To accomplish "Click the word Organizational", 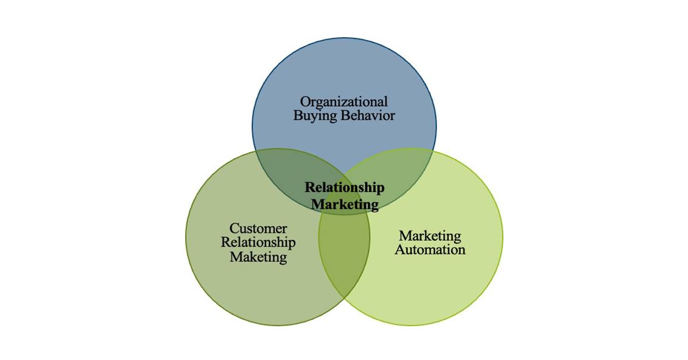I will click(x=344, y=103).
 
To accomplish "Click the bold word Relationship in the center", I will click(x=344, y=188).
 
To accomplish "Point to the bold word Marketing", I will click(x=344, y=204).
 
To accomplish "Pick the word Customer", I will click(x=258, y=229).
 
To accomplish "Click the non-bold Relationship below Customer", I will click(x=258, y=243).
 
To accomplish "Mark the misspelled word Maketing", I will click(x=258, y=257).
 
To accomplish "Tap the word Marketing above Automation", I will click(x=430, y=236).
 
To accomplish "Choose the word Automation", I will click(x=430, y=250).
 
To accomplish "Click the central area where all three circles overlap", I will click(x=344, y=195).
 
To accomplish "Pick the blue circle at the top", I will click(x=344, y=69).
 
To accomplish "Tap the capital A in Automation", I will click(x=400, y=250).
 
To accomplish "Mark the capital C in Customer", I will click(x=234, y=229).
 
